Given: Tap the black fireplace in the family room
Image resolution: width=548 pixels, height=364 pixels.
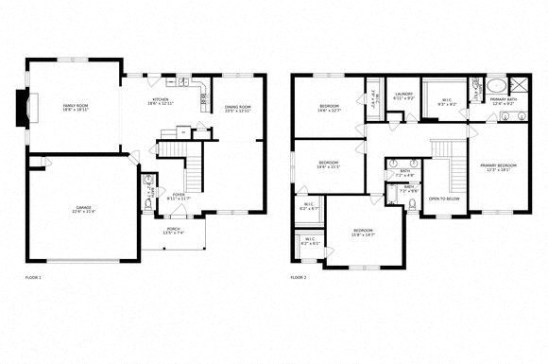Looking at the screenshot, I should click(22, 108).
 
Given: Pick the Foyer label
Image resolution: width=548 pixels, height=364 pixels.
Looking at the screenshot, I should click(178, 170).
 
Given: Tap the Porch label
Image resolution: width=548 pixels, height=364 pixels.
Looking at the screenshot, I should click(173, 230).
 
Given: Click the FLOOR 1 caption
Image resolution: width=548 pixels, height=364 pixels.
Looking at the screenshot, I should click(34, 278).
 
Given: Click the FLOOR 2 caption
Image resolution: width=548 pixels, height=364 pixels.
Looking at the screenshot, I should click(299, 278).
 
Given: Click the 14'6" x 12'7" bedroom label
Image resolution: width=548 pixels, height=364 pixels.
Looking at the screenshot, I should click(329, 108).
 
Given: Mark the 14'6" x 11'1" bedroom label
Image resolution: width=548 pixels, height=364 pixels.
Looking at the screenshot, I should click(328, 164).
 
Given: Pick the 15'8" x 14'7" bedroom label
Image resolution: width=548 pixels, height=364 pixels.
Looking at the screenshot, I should click(364, 232).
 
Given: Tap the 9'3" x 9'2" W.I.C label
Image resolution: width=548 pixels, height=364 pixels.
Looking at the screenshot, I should click(447, 102).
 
